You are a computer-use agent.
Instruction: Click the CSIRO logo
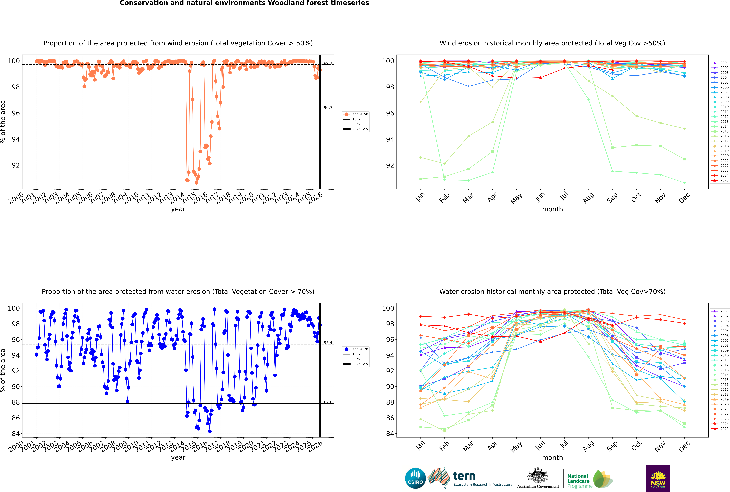[415, 478]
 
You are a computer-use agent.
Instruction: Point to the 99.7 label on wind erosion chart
[328, 63]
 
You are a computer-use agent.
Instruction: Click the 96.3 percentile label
[328, 108]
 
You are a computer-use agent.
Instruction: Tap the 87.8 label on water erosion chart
[328, 402]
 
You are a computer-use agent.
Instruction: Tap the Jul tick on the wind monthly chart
[564, 197]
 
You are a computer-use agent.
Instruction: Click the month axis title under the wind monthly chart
[552, 209]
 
